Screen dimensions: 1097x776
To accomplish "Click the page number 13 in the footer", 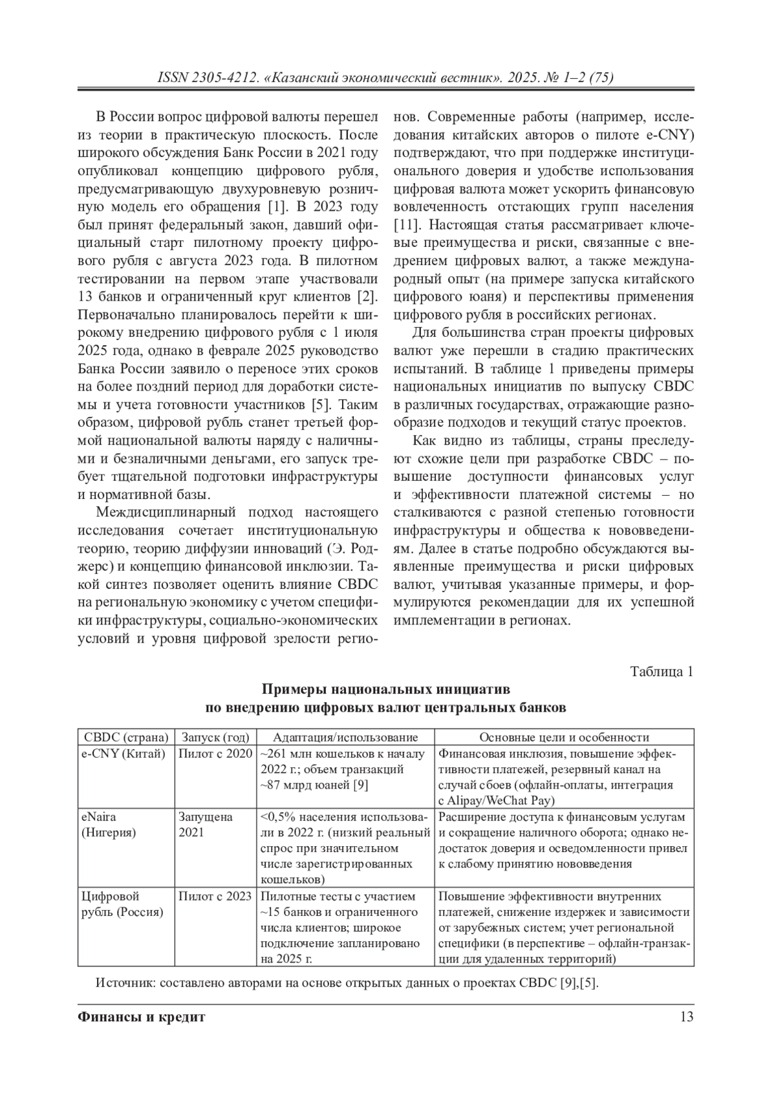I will point(686,1017).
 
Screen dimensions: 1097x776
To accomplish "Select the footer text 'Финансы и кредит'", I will point(141,1017).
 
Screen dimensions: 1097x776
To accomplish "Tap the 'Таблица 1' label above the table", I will point(662,672).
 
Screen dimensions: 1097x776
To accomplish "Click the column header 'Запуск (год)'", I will point(215,737).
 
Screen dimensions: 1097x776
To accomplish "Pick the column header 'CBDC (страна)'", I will point(126,737).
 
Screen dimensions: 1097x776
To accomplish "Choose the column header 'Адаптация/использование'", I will point(345,737).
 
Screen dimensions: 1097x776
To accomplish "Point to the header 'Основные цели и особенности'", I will point(564,737).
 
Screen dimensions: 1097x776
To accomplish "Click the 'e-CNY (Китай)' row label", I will point(124,754).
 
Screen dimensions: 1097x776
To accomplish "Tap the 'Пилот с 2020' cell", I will point(215,754).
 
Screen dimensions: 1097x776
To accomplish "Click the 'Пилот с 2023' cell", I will point(215,897).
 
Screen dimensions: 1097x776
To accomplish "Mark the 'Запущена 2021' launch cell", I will point(205,824).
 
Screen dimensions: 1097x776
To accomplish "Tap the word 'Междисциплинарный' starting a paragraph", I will point(156,513).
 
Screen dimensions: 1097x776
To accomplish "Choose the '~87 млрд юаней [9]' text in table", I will point(314,785).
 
